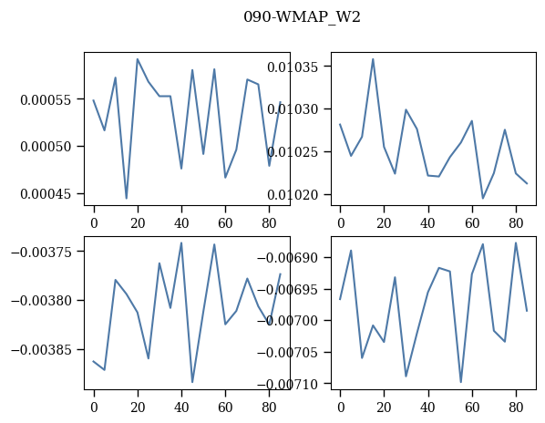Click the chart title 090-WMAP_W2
point(302,17)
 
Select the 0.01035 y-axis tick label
point(293,67)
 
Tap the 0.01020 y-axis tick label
point(293,195)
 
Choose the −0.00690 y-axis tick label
point(288,258)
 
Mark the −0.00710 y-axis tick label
point(288,384)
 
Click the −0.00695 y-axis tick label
point(288,290)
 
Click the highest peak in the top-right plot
point(373,59)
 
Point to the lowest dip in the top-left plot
point(127,199)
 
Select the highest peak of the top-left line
point(138,59)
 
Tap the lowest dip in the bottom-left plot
point(192,382)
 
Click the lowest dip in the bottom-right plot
point(461,382)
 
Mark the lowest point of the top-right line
point(483,198)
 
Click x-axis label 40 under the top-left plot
point(181,222)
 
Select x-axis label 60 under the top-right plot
point(472,222)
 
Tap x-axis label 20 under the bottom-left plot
point(138,407)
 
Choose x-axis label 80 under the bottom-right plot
point(516,407)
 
